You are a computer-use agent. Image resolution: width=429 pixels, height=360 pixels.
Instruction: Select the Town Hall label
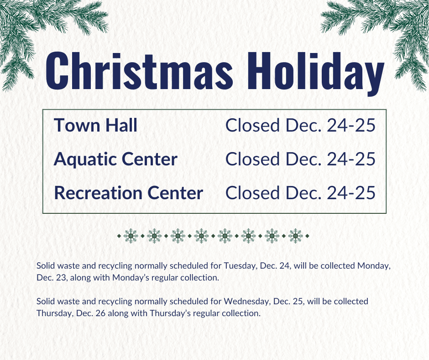tap(95, 125)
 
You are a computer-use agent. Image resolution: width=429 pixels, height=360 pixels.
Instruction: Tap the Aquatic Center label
tap(115, 159)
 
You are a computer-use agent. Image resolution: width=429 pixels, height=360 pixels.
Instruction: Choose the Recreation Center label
tap(128, 193)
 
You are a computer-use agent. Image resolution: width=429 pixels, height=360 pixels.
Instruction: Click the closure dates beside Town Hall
tap(300, 125)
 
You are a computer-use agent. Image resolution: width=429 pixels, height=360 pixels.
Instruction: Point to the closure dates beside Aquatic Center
tap(300, 159)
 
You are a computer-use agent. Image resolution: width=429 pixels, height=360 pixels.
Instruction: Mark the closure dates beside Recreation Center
tap(300, 193)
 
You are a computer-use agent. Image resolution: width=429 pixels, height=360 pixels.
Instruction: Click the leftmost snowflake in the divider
tap(131, 236)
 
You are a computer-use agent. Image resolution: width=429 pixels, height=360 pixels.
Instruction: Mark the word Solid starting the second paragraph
tap(45, 302)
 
